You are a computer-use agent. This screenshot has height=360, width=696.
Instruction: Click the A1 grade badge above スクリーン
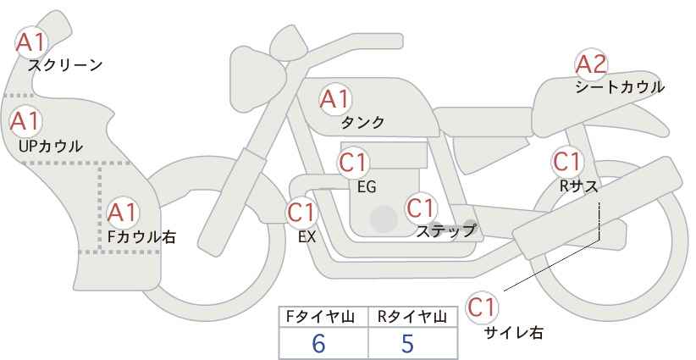[x=32, y=41]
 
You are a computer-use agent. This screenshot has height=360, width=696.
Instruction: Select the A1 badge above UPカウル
[x=25, y=121]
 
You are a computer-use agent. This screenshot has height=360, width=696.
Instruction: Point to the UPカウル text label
[x=51, y=146]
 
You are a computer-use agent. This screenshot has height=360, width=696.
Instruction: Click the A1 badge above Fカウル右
[x=123, y=211]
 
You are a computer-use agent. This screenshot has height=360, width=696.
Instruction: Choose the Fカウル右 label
[x=141, y=237]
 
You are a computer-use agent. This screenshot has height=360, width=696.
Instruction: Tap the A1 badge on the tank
[x=334, y=99]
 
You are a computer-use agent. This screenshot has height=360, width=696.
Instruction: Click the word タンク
[x=362, y=123]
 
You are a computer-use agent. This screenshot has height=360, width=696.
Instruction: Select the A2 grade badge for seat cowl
[x=591, y=64]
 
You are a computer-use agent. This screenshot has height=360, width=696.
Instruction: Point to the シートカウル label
[x=620, y=86]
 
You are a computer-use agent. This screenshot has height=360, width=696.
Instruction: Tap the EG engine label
[x=367, y=186]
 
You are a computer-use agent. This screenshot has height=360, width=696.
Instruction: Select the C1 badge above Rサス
[x=566, y=160]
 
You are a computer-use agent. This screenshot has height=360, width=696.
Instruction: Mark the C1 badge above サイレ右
[x=483, y=307]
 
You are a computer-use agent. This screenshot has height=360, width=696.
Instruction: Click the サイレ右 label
[x=514, y=332]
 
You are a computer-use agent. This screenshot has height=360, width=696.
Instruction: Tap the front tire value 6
[x=318, y=343]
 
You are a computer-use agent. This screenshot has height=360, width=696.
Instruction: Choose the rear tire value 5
[x=408, y=343]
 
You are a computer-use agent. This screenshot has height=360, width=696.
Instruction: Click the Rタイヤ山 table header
[x=411, y=318]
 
